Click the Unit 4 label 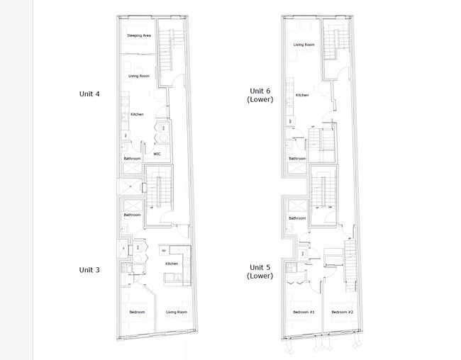(89, 93)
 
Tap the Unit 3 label (89, 269)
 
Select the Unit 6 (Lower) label (259, 95)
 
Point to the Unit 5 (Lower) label (259, 271)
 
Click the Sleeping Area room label (138, 35)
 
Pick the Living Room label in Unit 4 (138, 76)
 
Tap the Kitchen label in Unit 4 (137, 114)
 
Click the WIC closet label (157, 153)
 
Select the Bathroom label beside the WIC (132, 159)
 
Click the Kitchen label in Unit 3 (172, 264)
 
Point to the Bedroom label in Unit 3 (137, 313)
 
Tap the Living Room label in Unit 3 (177, 313)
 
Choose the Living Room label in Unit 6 (304, 45)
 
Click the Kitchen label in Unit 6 (302, 95)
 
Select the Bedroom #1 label (304, 313)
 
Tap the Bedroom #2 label (342, 313)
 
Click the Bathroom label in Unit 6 (297, 159)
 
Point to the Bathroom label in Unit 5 (296, 218)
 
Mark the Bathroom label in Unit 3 (132, 215)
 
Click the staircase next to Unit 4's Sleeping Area (168, 50)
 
